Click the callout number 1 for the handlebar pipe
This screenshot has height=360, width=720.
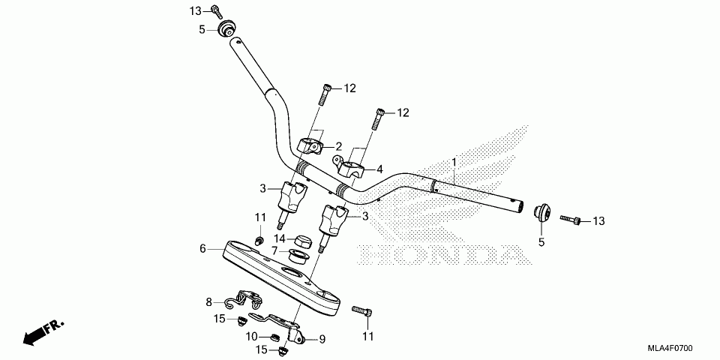coord(453,162)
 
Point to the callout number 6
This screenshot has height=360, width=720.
coord(202,248)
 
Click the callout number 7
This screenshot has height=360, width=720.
coord(274,250)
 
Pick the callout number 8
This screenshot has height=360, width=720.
coord(210,302)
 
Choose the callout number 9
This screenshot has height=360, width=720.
coord(322,339)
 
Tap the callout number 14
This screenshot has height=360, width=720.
coord(280,238)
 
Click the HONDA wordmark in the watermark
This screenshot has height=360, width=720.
coord(439,256)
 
